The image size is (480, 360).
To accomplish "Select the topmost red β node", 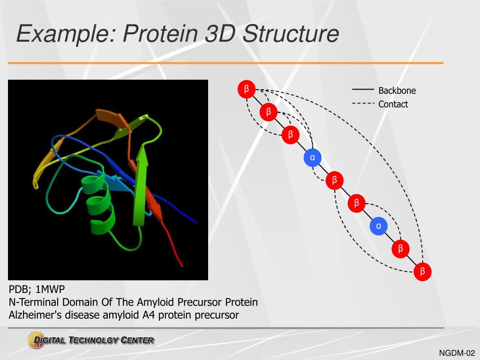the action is click(247, 89).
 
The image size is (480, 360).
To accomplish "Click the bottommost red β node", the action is click(422, 271).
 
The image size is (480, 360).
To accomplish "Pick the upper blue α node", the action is click(312, 157).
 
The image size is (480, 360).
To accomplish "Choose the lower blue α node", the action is click(378, 226).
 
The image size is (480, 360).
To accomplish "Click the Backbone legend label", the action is click(397, 90).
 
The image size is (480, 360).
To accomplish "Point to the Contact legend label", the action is click(393, 104).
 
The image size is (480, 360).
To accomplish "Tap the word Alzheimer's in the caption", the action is click(36, 315).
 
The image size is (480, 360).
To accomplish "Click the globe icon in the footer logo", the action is click(36, 339).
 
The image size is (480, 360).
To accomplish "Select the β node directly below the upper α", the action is click(334, 180).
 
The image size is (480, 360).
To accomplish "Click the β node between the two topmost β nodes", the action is click(269, 112).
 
